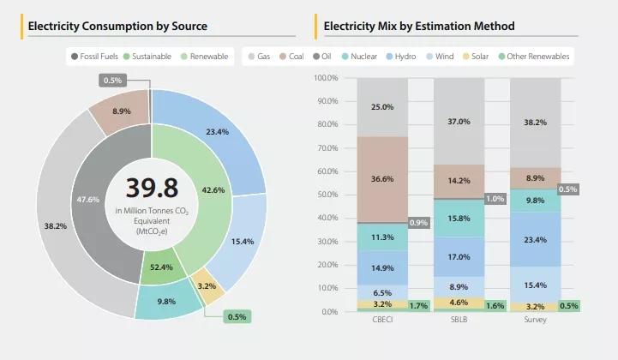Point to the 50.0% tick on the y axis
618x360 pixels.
point(327,195)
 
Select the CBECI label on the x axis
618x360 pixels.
point(382,321)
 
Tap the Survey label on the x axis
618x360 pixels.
point(535,321)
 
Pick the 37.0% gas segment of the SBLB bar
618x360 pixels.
point(459,122)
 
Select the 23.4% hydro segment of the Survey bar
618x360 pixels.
point(535,240)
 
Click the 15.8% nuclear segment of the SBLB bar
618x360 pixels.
point(459,219)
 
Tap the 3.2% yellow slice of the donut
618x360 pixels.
point(206,285)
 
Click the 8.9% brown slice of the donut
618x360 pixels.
point(121,111)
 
